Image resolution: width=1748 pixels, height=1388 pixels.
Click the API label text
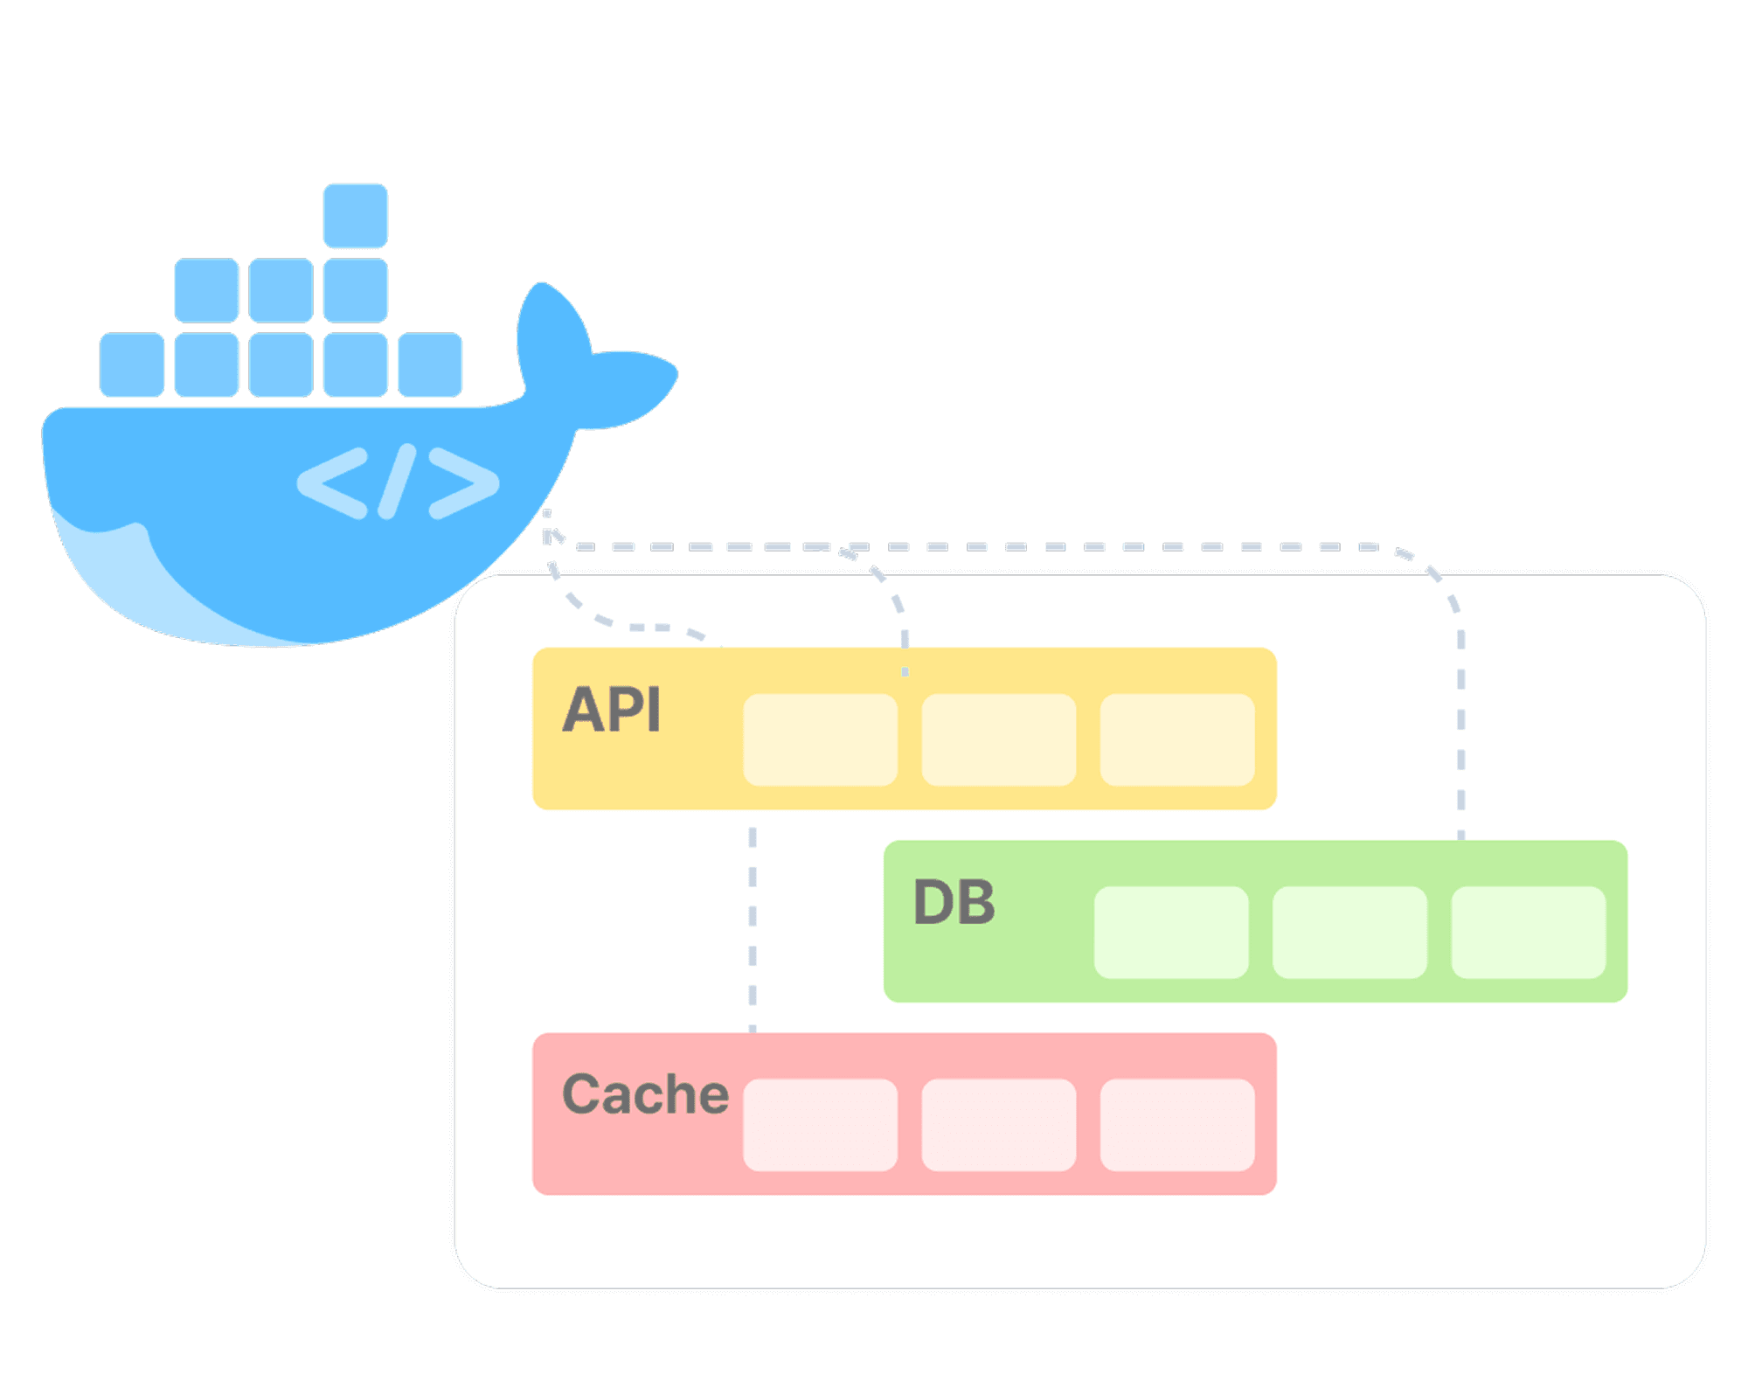tap(611, 710)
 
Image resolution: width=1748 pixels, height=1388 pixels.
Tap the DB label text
tap(954, 902)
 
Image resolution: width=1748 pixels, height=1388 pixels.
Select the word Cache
tap(645, 1094)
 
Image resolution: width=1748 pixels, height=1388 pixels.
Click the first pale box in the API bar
tap(820, 739)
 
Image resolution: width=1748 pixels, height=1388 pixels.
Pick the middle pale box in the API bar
tap(998, 739)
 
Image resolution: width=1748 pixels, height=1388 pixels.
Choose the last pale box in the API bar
tap(1177, 739)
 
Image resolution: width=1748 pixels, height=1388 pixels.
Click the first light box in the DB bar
tap(1171, 932)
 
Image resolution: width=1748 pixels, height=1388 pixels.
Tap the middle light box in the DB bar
tap(1349, 932)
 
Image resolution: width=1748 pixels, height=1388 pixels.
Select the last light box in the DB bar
tap(1529, 932)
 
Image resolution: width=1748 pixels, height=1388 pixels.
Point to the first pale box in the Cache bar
tap(820, 1125)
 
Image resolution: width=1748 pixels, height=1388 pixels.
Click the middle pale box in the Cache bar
tap(998, 1125)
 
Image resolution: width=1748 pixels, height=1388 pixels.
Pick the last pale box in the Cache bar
tap(1177, 1125)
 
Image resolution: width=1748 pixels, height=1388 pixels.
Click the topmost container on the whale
tap(355, 215)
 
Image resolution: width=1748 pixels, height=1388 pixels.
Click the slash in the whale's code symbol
tap(396, 482)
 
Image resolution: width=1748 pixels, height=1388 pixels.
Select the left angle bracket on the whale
tap(333, 482)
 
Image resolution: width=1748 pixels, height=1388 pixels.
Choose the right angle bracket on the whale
tap(463, 482)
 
